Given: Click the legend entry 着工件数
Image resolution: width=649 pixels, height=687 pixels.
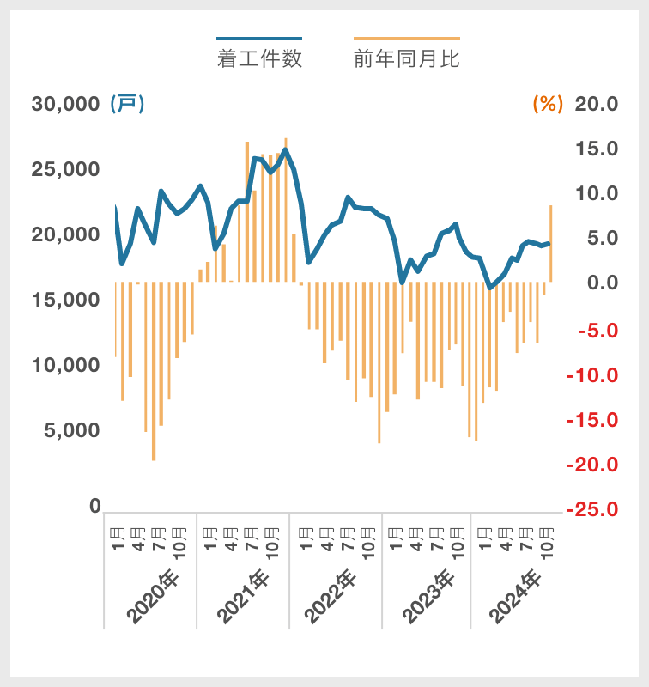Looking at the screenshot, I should tap(259, 58).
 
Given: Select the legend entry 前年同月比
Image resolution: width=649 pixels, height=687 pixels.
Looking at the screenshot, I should tap(406, 58).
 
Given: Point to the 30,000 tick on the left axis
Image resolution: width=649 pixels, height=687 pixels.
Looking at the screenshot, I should tap(66, 104).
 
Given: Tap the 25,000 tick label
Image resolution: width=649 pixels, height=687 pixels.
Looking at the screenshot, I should tap(66, 169).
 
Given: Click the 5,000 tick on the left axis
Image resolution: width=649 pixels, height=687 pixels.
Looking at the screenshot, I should tap(71, 430).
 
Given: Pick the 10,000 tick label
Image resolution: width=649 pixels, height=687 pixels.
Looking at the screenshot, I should tap(66, 365).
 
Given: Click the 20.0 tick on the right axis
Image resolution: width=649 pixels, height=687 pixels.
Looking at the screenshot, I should tap(596, 104).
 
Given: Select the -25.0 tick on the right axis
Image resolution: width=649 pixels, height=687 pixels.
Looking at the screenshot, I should tap(591, 509).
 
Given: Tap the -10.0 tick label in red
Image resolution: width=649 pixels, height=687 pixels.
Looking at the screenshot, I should tap(591, 375).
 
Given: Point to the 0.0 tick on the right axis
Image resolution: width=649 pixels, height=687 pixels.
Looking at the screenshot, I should tap(596, 283).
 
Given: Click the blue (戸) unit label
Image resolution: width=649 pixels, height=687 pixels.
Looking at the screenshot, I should tap(127, 104).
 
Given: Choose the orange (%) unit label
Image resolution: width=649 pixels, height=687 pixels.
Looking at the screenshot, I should tap(548, 104).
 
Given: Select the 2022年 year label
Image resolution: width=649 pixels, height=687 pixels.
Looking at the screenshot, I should tap(336, 596).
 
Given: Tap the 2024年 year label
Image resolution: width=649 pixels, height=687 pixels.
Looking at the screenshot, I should tap(518, 596).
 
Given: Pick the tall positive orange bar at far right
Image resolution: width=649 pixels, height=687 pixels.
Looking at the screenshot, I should tap(550, 243).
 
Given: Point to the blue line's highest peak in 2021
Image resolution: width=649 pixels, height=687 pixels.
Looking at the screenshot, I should tap(285, 150).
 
